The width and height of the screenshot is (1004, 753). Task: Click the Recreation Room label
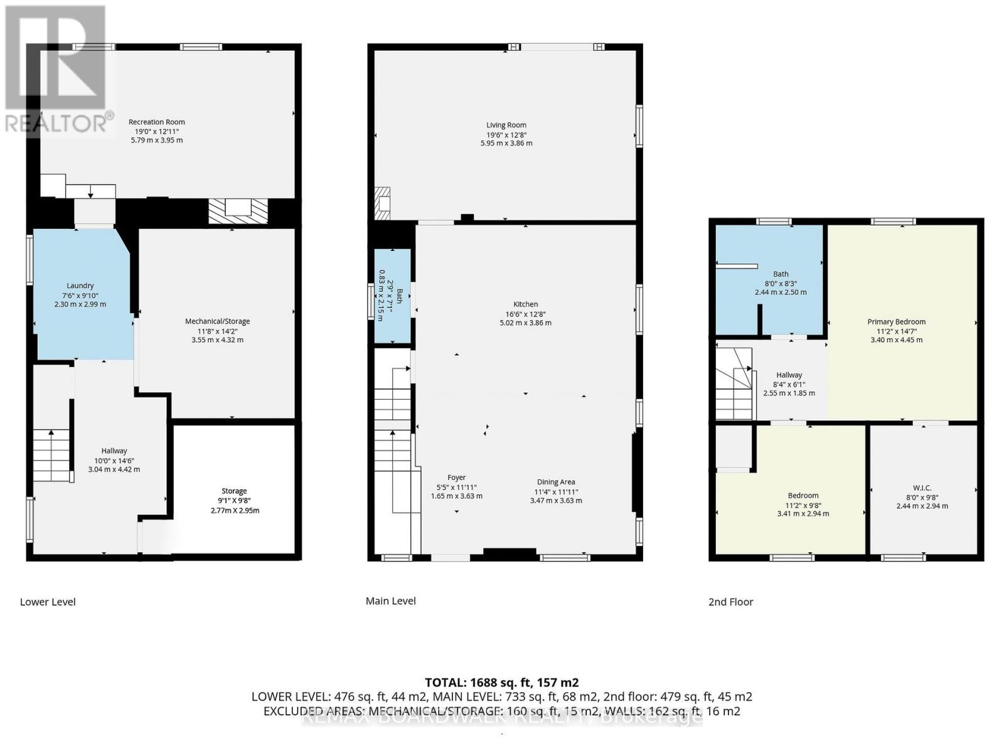(x=156, y=122)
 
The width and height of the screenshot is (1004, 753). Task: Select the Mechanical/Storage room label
(x=217, y=321)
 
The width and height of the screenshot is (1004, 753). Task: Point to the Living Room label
(x=506, y=125)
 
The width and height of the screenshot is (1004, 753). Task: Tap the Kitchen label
(x=525, y=304)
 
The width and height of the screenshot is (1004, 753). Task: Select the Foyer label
(x=456, y=478)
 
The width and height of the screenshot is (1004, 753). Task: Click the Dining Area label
(x=555, y=483)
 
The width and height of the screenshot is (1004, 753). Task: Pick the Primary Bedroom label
(x=896, y=322)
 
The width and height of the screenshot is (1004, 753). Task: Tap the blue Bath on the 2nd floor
(x=781, y=274)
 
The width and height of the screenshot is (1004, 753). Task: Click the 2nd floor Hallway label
(x=789, y=375)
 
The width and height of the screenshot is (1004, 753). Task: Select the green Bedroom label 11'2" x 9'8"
(x=803, y=496)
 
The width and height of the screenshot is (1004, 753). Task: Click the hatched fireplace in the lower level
(x=238, y=211)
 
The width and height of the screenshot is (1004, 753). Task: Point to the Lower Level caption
(x=48, y=602)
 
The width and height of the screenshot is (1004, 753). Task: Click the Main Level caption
(x=390, y=601)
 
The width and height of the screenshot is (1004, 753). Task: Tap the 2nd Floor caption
(x=730, y=602)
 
